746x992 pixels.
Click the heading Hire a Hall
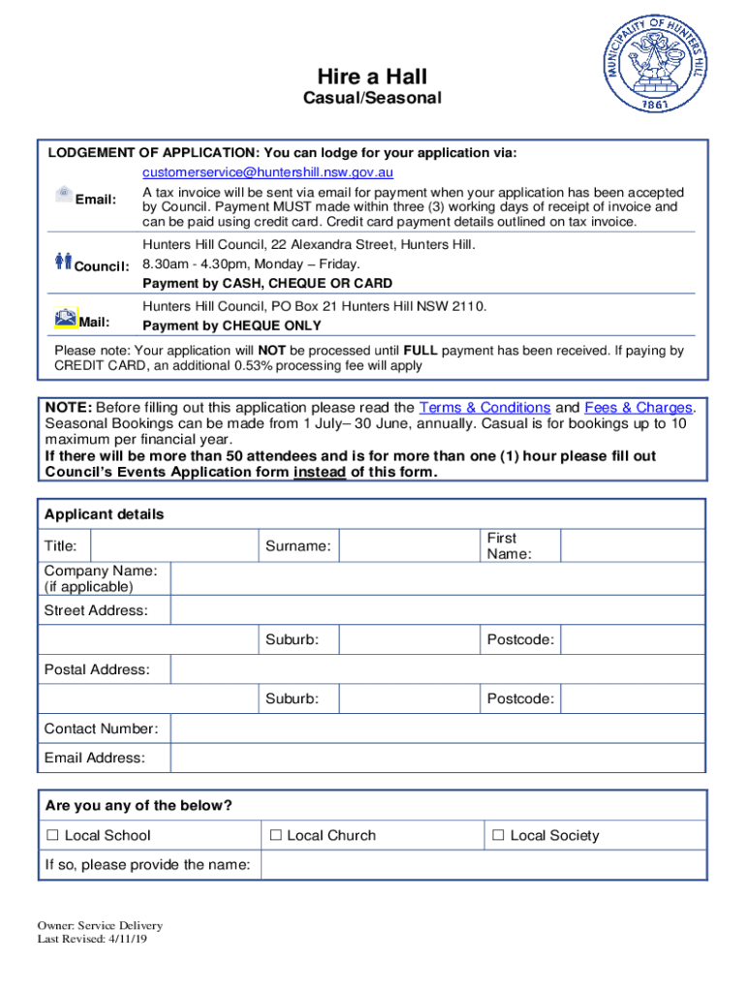[373, 77]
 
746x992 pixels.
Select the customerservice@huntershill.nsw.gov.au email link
[268, 172]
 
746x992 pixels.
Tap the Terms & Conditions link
[484, 408]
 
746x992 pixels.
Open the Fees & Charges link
[638, 408]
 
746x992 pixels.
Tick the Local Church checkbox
[276, 835]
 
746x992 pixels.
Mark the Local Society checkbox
[498, 835]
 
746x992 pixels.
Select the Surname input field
[410, 546]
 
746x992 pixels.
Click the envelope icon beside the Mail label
[65, 318]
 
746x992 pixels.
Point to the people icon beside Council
[64, 261]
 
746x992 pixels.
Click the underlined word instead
[320, 472]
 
